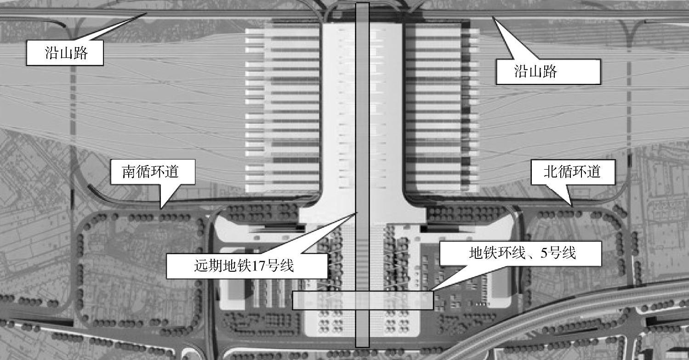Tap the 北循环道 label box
click(572, 172)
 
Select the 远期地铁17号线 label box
click(246, 266)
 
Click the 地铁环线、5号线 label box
click(520, 253)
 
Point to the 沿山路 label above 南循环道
click(64, 53)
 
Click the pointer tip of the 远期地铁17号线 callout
click(357, 212)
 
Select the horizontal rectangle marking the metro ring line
click(322, 300)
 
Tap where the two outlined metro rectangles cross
click(362, 300)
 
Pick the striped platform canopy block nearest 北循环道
click(441, 110)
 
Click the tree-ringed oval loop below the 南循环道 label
click(140, 271)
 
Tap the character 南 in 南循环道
click(128, 172)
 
